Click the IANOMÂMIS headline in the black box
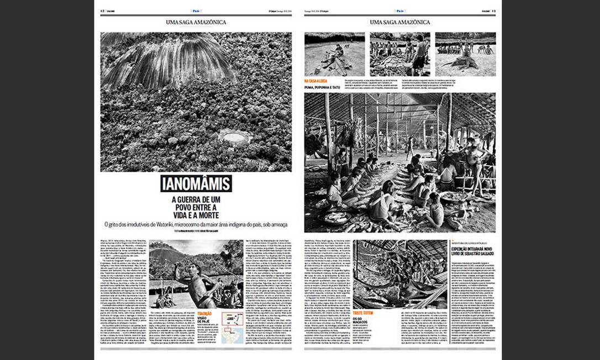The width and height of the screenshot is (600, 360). click(196, 184)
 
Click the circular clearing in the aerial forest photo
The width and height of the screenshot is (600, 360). click(232, 136)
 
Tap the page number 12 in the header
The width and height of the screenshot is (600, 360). click(103, 10)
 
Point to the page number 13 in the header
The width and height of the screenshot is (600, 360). click(493, 10)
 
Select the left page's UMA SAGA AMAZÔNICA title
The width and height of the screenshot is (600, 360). click(196, 22)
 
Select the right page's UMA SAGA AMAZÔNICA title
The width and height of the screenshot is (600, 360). click(399, 22)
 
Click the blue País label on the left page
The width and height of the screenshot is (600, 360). click(196, 10)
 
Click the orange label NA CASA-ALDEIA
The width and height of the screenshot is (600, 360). click(315, 81)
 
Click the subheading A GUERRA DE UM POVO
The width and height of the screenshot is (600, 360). click(196, 205)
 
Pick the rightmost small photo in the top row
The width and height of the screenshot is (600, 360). click(465, 54)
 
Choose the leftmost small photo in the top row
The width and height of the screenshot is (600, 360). click(334, 54)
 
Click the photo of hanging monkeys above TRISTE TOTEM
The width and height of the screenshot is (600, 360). click(399, 274)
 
